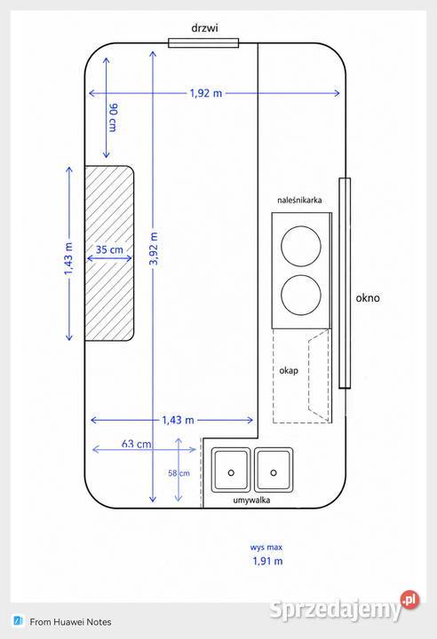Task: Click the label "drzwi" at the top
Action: pos(204,28)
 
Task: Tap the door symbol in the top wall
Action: pos(203,43)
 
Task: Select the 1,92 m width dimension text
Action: pos(206,93)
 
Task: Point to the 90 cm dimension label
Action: pos(113,117)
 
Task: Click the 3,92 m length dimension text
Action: pos(154,248)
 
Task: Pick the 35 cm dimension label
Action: pos(109,249)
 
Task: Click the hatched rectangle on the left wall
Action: pos(109,253)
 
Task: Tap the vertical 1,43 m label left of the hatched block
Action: pos(68,258)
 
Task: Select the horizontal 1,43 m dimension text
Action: pos(178,420)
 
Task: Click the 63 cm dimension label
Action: pos(136,444)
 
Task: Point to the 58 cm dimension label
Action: pos(179,473)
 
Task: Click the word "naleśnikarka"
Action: pos(299,200)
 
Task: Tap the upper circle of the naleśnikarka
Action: pos(301,246)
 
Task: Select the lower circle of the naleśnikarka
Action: pos(301,295)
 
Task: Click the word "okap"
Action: pos(289,371)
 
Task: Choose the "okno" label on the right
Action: pos(368,298)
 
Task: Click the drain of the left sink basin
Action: pos(231,473)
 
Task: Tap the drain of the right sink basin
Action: pos(274,473)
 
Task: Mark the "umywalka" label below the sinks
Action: pos(251,500)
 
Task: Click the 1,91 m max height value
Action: pos(267,561)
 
